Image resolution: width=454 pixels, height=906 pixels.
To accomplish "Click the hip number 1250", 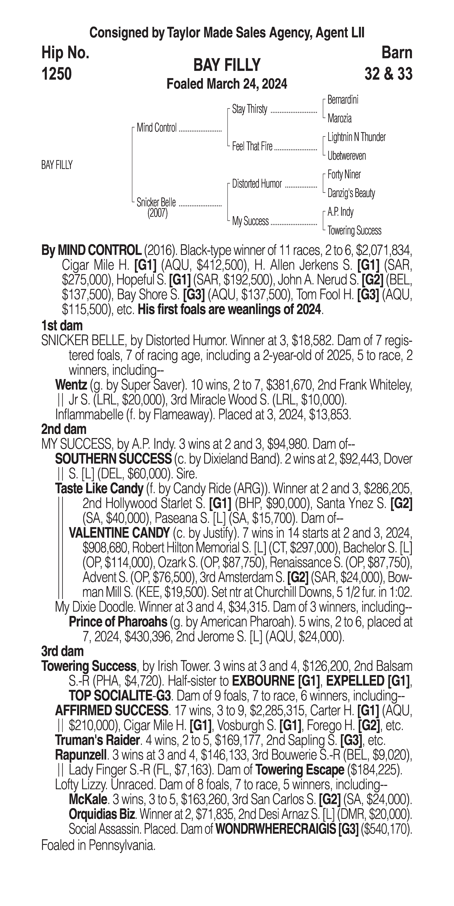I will (57, 74).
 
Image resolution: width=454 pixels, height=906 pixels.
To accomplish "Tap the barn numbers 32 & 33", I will (388, 74).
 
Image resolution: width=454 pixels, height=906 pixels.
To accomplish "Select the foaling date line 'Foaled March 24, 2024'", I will (227, 84).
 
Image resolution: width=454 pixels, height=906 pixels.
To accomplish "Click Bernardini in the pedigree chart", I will (342, 100).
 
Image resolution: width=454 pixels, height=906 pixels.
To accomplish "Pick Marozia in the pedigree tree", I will (339, 119).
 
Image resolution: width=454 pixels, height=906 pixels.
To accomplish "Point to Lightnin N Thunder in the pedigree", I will (356, 137).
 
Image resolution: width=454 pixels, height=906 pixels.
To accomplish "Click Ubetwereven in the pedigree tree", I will (346, 156).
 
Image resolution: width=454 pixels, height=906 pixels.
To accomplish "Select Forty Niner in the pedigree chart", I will (344, 174).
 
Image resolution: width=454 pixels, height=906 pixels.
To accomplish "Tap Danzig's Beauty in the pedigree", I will (351, 193).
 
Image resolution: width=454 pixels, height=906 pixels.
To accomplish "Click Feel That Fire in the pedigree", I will (252, 147).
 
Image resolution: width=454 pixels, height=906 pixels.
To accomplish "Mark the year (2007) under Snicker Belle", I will (157, 214).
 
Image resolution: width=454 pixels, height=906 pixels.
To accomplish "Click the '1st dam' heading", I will (62, 326).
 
